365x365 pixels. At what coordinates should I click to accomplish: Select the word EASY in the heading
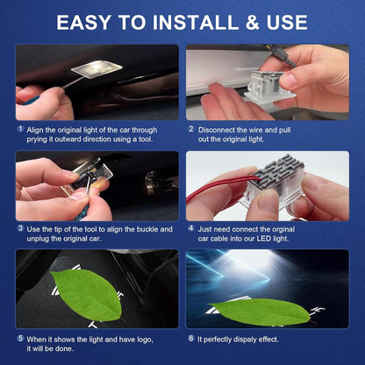(x=87, y=22)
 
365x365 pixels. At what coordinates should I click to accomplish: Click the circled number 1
(x=20, y=128)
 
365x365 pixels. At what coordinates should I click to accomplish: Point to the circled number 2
(x=190, y=128)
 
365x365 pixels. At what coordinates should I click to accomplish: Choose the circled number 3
(x=20, y=227)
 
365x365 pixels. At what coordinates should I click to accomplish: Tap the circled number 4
(x=190, y=227)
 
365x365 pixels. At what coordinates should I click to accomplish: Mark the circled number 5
(x=20, y=338)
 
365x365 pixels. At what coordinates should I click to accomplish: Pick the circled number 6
(x=190, y=338)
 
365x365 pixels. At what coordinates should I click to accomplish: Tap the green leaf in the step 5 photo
(x=87, y=294)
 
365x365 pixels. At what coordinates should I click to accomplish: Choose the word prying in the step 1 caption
(x=39, y=138)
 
